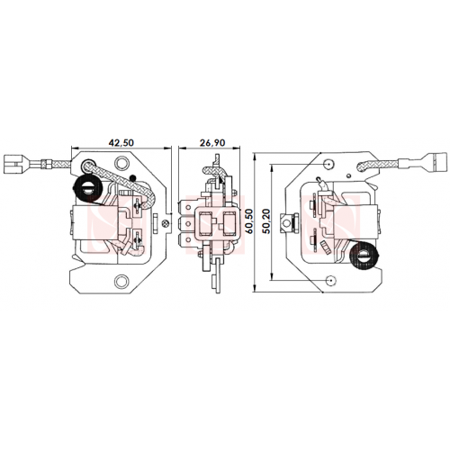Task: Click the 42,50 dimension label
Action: click(x=121, y=142)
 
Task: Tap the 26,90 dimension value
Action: click(x=212, y=143)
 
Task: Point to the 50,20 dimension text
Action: click(x=266, y=221)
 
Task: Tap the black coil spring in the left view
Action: click(x=86, y=189)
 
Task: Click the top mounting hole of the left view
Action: click(x=121, y=163)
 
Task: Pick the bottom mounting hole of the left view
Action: click(x=121, y=281)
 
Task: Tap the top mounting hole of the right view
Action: click(x=329, y=164)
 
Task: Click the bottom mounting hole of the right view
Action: click(x=331, y=280)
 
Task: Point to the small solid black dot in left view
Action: click(x=132, y=178)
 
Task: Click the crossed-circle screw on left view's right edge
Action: click(x=165, y=223)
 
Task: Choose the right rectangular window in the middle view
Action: click(x=229, y=222)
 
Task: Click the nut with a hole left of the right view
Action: click(x=287, y=222)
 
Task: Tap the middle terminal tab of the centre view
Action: click(x=186, y=223)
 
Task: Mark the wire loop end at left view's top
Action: click(x=87, y=165)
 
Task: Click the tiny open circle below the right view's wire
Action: click(x=348, y=175)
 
